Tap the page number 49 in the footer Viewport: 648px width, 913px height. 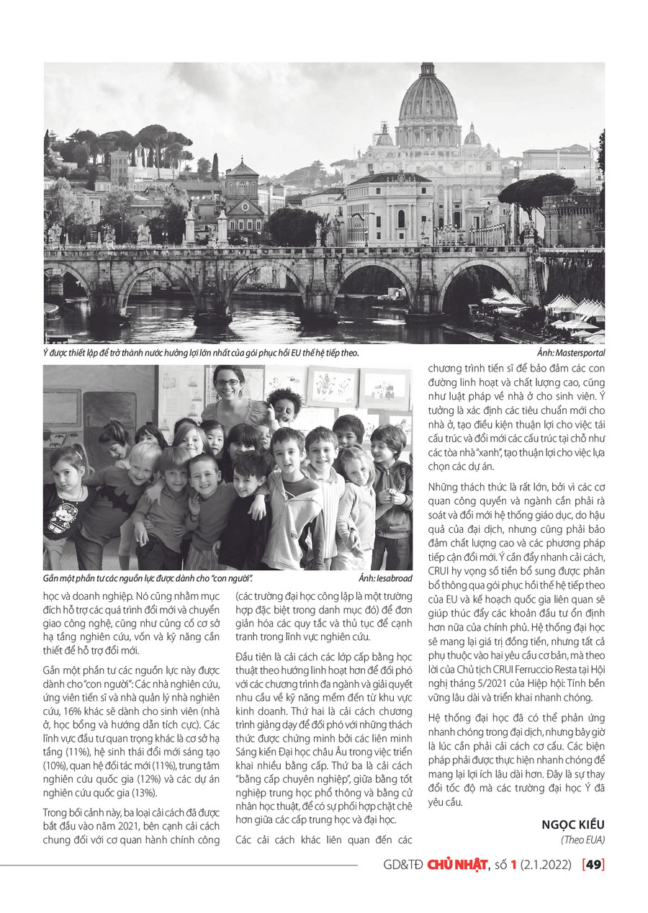pyautogui.click(x=594, y=865)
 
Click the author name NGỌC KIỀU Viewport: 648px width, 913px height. pyautogui.click(x=573, y=825)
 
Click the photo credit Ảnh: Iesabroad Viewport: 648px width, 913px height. pyautogui.click(x=385, y=578)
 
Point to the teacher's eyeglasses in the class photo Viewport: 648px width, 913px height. pyautogui.click(x=227, y=383)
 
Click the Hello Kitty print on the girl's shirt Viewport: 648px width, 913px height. pyautogui.click(x=63, y=517)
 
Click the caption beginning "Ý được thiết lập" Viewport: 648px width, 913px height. pyautogui.click(x=202, y=353)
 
